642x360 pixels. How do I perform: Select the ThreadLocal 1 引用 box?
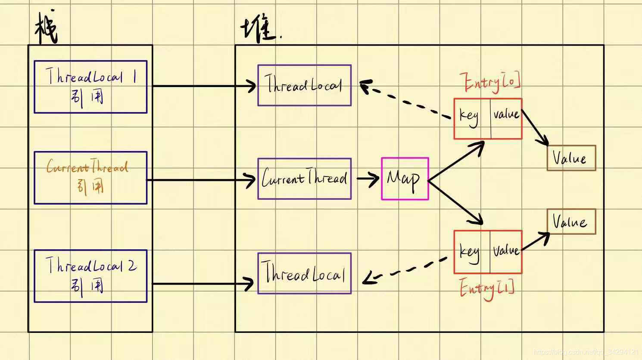pyautogui.click(x=90, y=87)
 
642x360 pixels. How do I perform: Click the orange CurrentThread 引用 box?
pyautogui.click(x=90, y=177)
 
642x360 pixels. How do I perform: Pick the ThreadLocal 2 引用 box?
pyautogui.click(x=90, y=276)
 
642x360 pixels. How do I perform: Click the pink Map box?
pyautogui.click(x=405, y=179)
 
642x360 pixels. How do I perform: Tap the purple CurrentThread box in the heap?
pyautogui.click(x=304, y=179)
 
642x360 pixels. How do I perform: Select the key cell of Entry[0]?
pyautogui.click(x=472, y=119)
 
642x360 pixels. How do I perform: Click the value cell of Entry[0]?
pyautogui.click(x=506, y=119)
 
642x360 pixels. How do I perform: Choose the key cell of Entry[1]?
pyautogui.click(x=472, y=252)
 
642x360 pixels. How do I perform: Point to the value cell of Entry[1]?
pyautogui.click(x=506, y=252)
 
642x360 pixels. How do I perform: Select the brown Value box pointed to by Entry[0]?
pyautogui.click(x=571, y=158)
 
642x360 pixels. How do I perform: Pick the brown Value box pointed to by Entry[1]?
pyautogui.click(x=571, y=222)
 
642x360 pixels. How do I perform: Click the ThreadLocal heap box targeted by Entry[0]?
pyautogui.click(x=304, y=85)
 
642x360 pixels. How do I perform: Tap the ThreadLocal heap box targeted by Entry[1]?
pyautogui.click(x=304, y=273)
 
